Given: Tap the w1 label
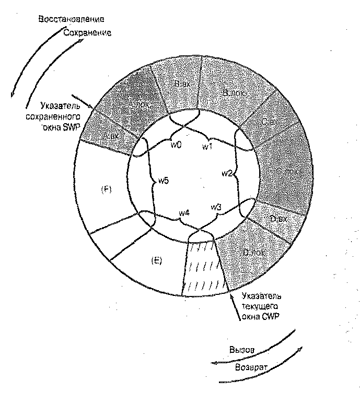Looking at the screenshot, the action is click(208, 147).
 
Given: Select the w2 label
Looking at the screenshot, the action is click(226, 173).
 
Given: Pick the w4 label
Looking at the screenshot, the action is click(184, 212).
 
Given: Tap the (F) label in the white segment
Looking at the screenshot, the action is click(107, 188).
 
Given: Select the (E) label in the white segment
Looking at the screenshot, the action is click(155, 261).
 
